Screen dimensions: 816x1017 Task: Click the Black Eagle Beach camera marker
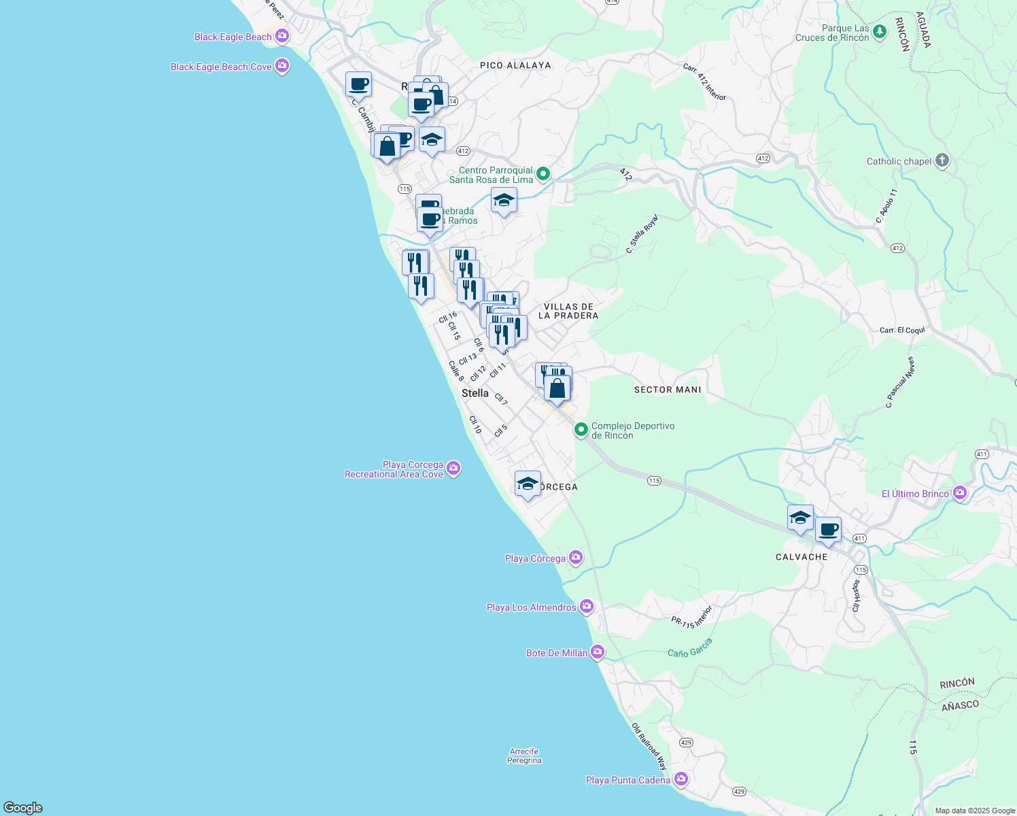(281, 36)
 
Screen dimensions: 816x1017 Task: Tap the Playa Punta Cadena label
(628, 780)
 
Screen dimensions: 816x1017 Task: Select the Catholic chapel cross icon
(942, 160)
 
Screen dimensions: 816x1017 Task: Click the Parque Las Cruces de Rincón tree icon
(880, 31)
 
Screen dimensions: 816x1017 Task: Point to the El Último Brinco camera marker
(960, 493)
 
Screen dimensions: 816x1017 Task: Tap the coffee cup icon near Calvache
(828, 530)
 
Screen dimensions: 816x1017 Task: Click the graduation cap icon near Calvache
(800, 517)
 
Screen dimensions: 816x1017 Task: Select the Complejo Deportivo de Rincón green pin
(581, 430)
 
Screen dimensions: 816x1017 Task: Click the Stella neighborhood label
(475, 393)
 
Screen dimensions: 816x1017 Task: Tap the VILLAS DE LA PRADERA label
(568, 311)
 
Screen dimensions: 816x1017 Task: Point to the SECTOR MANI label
(668, 390)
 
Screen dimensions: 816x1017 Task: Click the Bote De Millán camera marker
(598, 652)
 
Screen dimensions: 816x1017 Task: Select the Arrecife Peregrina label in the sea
(524, 756)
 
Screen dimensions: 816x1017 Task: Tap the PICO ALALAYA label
(515, 65)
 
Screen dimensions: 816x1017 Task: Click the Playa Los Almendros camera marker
(587, 607)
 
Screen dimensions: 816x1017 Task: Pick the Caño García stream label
(690, 647)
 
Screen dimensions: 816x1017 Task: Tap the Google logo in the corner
(23, 808)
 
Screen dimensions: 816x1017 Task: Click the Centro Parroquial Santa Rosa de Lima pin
(543, 174)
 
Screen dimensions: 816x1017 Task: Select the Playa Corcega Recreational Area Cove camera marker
(454, 469)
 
